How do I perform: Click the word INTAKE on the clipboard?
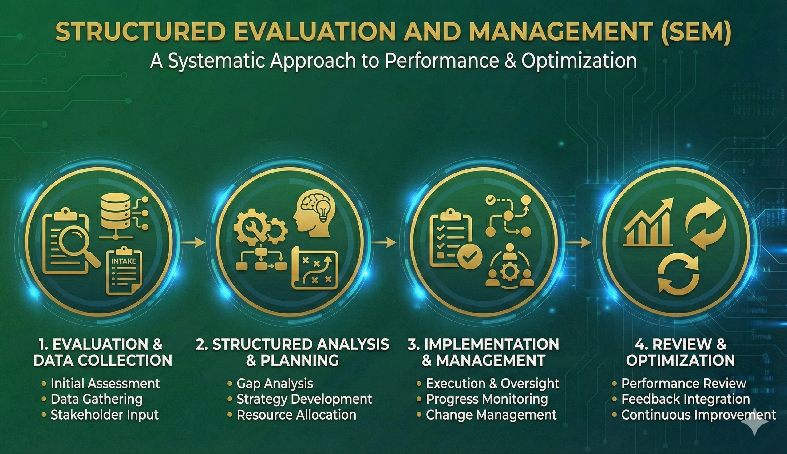coord(124,261)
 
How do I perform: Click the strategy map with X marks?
coord(315,268)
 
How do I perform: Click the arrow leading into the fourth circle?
coord(578,243)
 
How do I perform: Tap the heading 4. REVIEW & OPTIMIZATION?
coord(680,352)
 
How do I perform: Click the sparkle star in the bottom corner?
coord(755,421)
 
